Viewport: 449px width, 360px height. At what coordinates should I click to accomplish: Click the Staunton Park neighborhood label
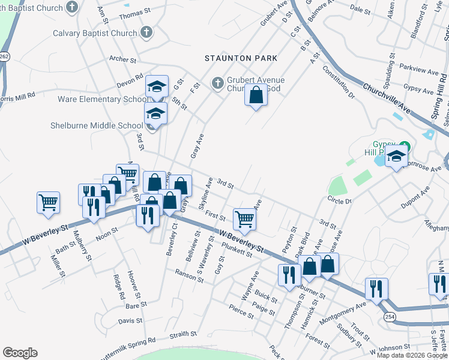pos(241,58)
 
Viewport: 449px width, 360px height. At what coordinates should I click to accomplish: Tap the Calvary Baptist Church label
pos(95,34)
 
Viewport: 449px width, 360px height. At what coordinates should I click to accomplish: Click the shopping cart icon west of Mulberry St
pos(48,202)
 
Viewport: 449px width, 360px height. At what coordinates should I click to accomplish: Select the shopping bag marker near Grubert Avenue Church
pos(256,95)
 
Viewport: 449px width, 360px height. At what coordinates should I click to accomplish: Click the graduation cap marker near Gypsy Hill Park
pos(396,158)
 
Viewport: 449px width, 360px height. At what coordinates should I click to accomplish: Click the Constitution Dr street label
pos(339,81)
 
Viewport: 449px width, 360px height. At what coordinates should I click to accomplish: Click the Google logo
pos(20,353)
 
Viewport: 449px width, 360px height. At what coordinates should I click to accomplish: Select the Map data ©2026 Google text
pos(411,355)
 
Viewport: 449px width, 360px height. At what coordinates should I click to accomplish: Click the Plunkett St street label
pos(237,250)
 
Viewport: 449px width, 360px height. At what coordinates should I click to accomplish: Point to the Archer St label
pos(123,60)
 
